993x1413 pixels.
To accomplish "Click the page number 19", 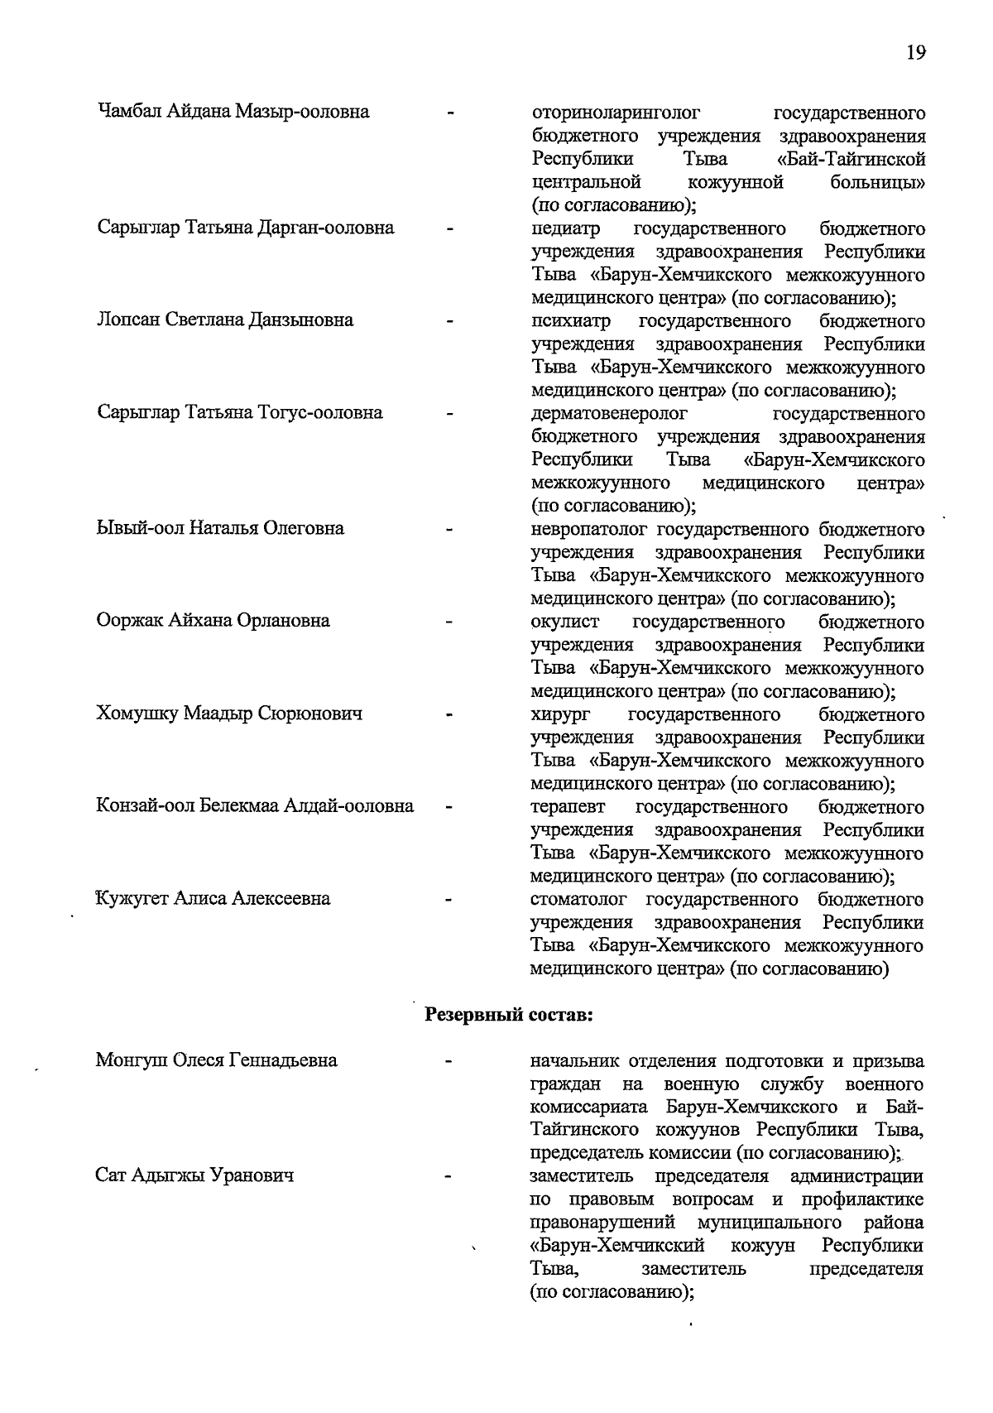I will coord(915,53).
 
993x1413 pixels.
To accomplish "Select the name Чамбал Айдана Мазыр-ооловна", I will coord(233,112).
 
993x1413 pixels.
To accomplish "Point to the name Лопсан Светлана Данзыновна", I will coord(225,320).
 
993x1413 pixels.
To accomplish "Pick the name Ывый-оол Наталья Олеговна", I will coord(220,528).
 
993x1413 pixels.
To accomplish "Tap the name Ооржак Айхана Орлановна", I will coord(213,621).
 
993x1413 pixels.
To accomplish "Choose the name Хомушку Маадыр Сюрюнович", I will coord(230,714).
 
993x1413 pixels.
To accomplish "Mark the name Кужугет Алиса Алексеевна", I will coord(213,899).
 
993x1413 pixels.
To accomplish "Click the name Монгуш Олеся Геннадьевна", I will coord(217,1060).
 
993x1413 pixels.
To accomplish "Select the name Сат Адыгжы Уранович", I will coord(195,1175).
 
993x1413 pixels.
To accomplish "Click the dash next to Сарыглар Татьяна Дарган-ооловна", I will coord(450,228).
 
